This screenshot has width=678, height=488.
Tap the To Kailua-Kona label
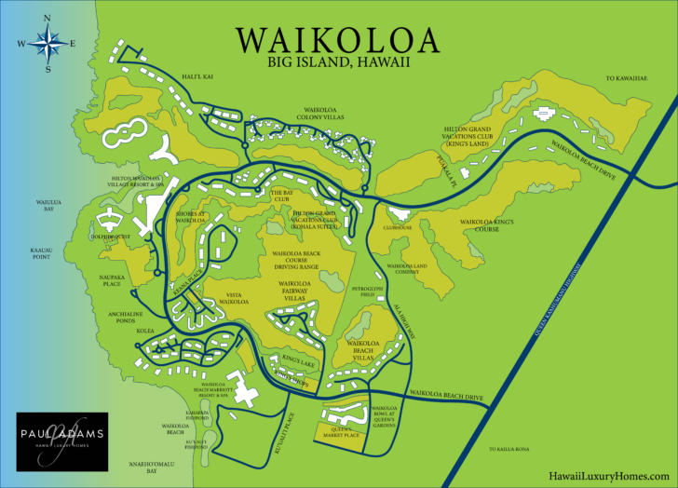coord(508,449)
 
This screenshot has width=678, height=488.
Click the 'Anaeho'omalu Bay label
coord(137,468)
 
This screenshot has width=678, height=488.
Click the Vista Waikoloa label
coord(233,299)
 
